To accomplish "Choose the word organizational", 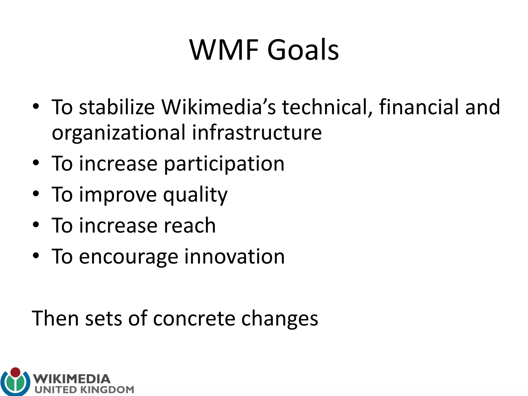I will pos(119,133).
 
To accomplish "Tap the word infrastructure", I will pos(257,132).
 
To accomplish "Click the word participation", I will pos(224,164).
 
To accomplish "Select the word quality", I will pos(195,195).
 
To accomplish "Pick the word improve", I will pos(118,195).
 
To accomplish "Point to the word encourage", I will pos(128,257).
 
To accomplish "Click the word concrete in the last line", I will pos(194,318).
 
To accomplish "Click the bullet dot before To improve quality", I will pos(36,194).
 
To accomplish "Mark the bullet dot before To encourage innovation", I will pos(36,256).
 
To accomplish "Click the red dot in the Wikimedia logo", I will pos(15,372).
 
